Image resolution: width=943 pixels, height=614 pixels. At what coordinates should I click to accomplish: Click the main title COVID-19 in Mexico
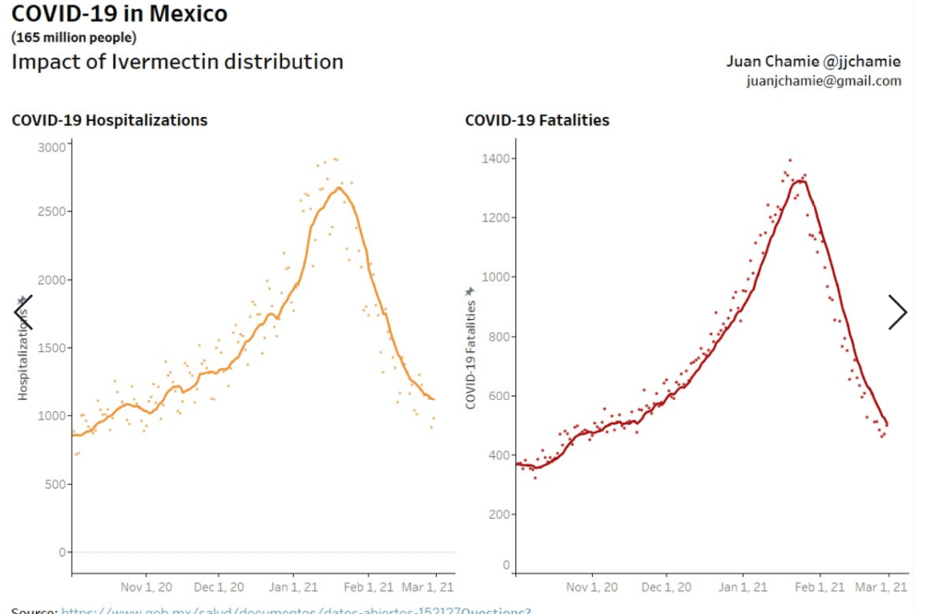pyautogui.click(x=119, y=15)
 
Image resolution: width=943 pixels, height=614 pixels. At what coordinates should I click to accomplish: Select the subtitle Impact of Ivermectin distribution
pyautogui.click(x=177, y=62)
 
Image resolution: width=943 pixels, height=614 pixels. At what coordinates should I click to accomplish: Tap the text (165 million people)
pyautogui.click(x=73, y=38)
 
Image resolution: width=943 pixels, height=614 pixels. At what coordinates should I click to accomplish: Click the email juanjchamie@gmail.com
pyautogui.click(x=823, y=81)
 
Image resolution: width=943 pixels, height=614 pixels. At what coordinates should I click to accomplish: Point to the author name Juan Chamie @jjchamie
pyautogui.click(x=813, y=62)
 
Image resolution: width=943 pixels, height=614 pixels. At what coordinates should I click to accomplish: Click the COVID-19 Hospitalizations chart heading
pyautogui.click(x=109, y=120)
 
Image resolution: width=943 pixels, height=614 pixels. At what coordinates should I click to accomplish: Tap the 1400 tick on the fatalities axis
pyautogui.click(x=498, y=159)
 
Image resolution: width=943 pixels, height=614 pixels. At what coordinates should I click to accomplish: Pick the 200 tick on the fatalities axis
pyautogui.click(x=501, y=514)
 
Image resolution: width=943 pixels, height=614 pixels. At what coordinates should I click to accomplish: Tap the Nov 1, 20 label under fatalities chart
pyautogui.click(x=589, y=586)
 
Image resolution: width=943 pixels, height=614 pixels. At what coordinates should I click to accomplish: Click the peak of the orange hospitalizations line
pyautogui.click(x=339, y=188)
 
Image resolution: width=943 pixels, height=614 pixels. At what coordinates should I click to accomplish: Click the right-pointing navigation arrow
pyautogui.click(x=897, y=313)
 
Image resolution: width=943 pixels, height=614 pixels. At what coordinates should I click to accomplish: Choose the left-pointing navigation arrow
pyautogui.click(x=22, y=313)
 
